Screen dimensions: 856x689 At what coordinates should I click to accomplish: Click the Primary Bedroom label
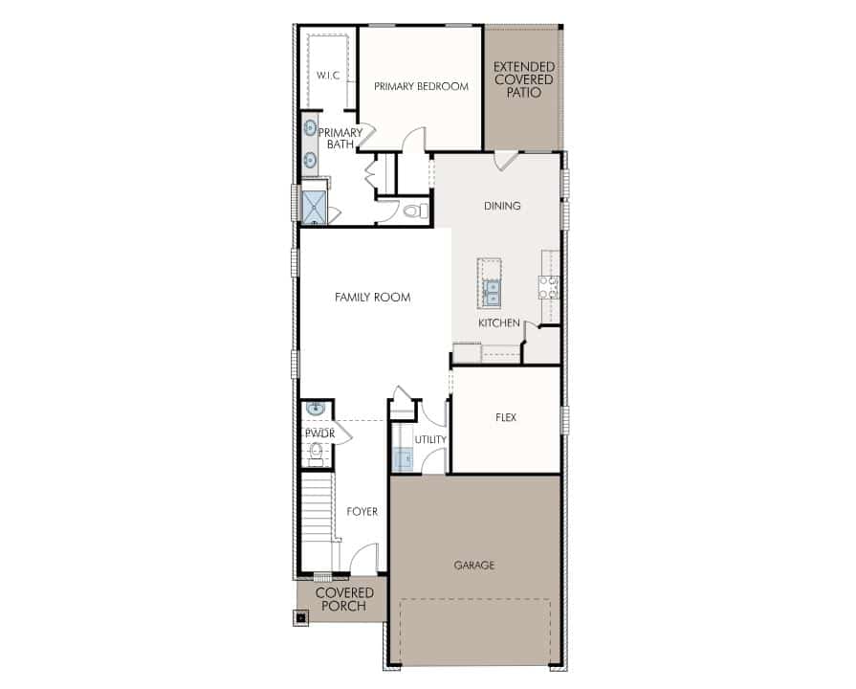pos(421,86)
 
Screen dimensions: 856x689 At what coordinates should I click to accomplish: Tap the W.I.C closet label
pos(328,76)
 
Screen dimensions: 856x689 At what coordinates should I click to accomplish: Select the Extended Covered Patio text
pos(523,79)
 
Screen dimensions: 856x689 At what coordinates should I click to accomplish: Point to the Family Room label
pos(372,298)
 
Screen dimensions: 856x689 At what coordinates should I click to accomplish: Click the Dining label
pos(502,206)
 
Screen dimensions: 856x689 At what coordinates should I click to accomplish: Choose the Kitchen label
pos(499,322)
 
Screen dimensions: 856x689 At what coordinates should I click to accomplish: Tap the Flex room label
pos(506,417)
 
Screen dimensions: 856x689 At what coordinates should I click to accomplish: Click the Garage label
pos(474,565)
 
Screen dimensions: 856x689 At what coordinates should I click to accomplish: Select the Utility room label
pos(430,440)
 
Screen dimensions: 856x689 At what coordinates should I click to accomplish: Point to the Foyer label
pos(362,511)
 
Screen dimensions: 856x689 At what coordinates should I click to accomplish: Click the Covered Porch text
pos(344,599)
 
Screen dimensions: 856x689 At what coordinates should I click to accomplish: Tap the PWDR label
pos(319,433)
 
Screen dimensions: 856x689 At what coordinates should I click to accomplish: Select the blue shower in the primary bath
pos(315,209)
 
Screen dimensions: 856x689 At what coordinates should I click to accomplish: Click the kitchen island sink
pos(493,292)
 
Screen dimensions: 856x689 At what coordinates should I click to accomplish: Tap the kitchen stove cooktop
pos(549,287)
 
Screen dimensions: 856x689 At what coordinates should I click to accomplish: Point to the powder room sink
pos(315,409)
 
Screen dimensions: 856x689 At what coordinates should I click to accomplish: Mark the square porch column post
pos(301,618)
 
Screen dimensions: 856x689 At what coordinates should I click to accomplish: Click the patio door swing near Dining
pos(505,161)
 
